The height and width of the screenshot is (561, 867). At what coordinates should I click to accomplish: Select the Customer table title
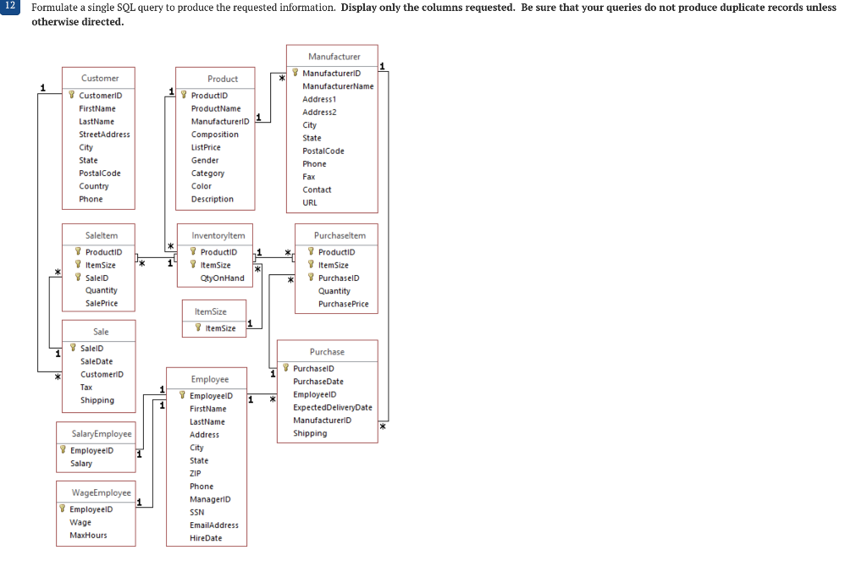100,78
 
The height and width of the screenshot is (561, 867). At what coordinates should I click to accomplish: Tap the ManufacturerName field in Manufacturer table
338,86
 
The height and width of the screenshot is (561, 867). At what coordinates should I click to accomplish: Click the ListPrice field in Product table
206,147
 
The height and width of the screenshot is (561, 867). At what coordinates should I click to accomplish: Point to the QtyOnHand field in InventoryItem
222,278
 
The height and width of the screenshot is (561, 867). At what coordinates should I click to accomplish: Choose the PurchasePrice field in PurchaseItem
343,304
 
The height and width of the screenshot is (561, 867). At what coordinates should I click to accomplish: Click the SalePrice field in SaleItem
102,303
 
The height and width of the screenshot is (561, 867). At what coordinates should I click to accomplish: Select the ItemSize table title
210,312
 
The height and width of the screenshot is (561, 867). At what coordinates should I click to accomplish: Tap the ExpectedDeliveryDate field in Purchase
332,407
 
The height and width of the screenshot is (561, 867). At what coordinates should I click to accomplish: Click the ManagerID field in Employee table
209,499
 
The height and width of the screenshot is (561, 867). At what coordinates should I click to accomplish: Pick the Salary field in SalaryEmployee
81,464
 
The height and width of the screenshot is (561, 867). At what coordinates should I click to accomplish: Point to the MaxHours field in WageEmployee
88,536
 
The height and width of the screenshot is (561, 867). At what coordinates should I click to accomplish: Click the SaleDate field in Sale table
97,361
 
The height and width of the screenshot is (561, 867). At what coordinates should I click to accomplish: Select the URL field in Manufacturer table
310,203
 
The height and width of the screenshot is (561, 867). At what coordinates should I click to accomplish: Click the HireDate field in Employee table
206,538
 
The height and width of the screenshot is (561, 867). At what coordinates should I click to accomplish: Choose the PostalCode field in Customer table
100,173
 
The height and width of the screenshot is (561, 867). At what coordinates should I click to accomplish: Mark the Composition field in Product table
214,135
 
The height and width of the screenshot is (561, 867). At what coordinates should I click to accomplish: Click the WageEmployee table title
101,492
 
